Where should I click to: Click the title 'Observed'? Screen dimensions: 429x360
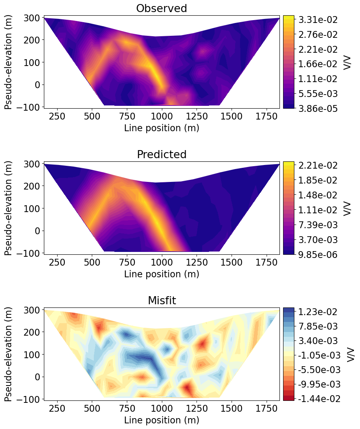(x=161, y=8)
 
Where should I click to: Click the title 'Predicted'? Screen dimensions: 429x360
(x=161, y=155)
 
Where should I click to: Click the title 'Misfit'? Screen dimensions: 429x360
(x=161, y=301)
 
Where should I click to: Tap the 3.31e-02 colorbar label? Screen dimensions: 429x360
(x=318, y=20)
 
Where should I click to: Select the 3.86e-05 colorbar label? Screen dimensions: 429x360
(x=318, y=108)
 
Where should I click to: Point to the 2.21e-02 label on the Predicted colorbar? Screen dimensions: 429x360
(x=318, y=165)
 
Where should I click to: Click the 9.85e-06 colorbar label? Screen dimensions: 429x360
(x=318, y=254)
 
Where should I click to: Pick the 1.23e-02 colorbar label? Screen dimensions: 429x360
(x=318, y=311)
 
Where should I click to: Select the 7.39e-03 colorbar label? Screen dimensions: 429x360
(x=318, y=225)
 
